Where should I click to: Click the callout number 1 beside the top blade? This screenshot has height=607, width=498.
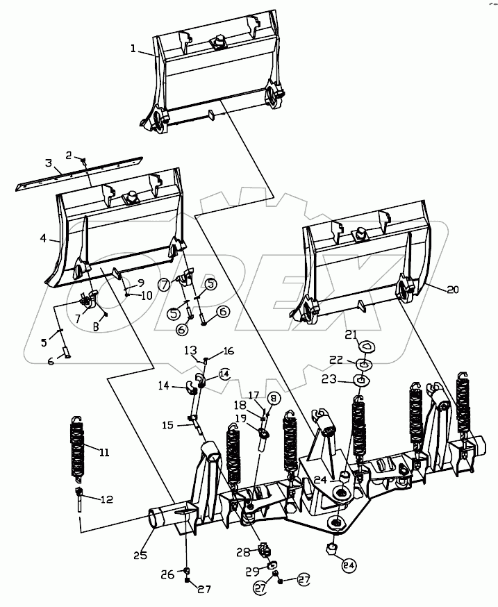[x=132, y=49]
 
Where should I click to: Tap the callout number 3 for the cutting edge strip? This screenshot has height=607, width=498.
[x=48, y=163]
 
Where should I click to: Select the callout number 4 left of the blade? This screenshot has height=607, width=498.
[x=43, y=238]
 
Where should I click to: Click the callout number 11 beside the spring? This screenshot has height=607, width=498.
[x=104, y=453]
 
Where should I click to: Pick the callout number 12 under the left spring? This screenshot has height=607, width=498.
[x=106, y=499]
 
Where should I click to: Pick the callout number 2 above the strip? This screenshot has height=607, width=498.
[x=69, y=154]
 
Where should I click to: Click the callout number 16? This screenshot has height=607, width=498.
[x=229, y=351]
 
